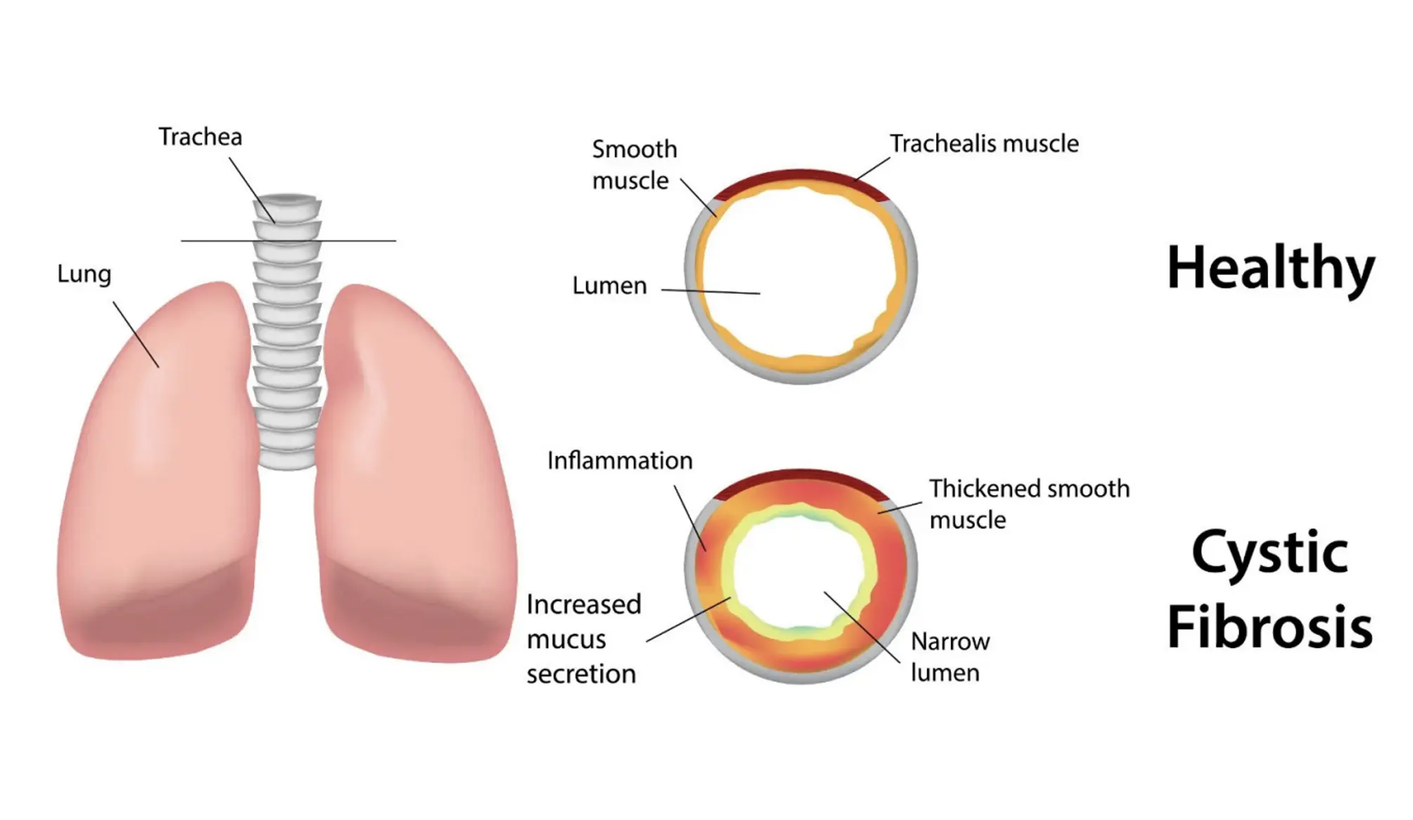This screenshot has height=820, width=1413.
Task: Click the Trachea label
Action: (x=200, y=136)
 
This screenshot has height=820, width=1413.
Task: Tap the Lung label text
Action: (x=84, y=273)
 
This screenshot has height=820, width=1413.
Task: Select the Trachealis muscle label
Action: (x=983, y=143)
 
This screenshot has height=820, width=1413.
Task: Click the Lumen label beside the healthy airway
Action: (x=609, y=286)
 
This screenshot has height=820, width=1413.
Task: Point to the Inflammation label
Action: (x=619, y=461)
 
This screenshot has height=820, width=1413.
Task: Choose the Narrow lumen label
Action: (x=949, y=656)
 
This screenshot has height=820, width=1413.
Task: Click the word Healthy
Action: (x=1270, y=268)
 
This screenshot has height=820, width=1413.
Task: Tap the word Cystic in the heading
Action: (x=1270, y=553)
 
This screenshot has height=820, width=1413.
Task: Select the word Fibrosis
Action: (x=1270, y=627)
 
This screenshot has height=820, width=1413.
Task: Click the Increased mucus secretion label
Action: (x=583, y=639)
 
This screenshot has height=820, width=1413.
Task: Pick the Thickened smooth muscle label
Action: (x=1028, y=504)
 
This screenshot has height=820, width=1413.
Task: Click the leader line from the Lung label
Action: (x=136, y=334)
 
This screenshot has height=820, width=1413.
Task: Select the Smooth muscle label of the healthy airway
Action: (x=634, y=165)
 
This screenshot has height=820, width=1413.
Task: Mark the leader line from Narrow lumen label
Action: (x=862, y=627)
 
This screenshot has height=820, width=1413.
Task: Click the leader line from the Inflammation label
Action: (x=689, y=517)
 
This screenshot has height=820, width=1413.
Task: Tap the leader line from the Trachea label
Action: (x=251, y=188)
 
